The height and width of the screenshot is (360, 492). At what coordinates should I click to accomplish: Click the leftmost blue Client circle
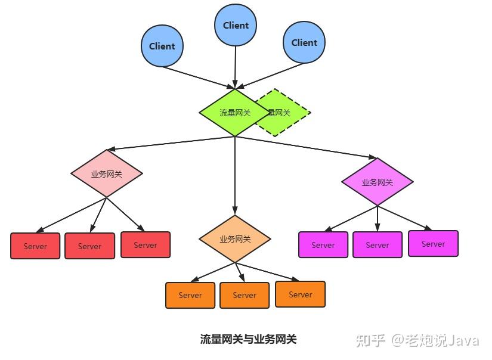(x=162, y=46)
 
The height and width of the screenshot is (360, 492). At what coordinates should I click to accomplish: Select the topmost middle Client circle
(x=236, y=25)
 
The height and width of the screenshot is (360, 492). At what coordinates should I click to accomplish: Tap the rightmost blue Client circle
(x=304, y=42)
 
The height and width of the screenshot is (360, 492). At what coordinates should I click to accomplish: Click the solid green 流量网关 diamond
(x=234, y=113)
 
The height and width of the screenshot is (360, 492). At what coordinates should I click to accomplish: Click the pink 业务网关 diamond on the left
(x=107, y=174)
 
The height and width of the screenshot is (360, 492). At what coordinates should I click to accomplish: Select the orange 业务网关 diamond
(x=235, y=239)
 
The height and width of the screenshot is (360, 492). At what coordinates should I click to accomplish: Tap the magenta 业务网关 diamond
(x=377, y=182)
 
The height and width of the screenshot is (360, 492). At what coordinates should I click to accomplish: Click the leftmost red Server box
(x=35, y=246)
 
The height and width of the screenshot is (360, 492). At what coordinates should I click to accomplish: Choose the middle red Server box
(x=89, y=246)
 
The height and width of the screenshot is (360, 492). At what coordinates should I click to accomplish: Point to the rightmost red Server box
(x=146, y=245)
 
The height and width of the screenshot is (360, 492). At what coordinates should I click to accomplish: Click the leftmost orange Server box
(x=190, y=295)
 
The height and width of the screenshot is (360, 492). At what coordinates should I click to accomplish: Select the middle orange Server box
(x=245, y=295)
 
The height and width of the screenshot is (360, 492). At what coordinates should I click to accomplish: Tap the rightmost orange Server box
(x=301, y=294)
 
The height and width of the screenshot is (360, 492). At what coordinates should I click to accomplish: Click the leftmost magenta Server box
(x=323, y=245)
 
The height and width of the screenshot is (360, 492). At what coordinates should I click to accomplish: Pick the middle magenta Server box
(x=377, y=245)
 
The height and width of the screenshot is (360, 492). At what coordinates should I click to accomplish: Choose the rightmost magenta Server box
(x=434, y=244)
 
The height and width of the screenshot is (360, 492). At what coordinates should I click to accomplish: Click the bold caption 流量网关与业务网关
(x=248, y=340)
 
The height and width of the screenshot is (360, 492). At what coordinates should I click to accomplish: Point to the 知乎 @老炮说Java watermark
(x=417, y=340)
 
